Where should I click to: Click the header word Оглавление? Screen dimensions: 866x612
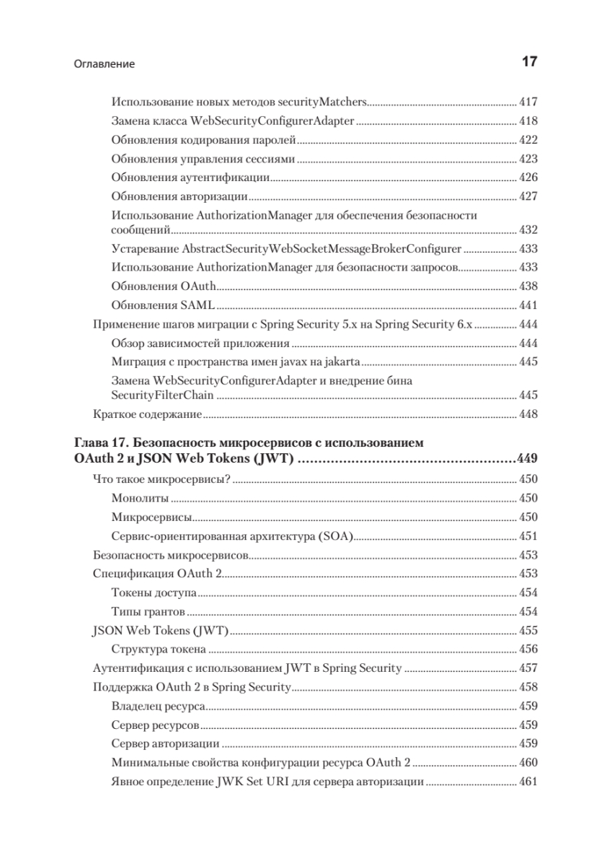pos(105,64)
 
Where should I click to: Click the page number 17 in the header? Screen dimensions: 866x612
pos(529,63)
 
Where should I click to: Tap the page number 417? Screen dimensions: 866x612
pos(528,102)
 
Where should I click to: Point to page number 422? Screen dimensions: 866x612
pos(528,140)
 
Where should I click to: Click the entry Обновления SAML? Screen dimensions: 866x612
pos(164,305)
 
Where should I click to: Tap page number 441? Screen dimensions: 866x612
pos(528,305)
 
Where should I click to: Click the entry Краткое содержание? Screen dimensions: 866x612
pos(147,415)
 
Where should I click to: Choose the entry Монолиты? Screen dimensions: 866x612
pos(141,498)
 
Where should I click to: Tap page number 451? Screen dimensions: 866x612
pos(528,536)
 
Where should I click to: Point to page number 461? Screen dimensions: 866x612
pos(528,782)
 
